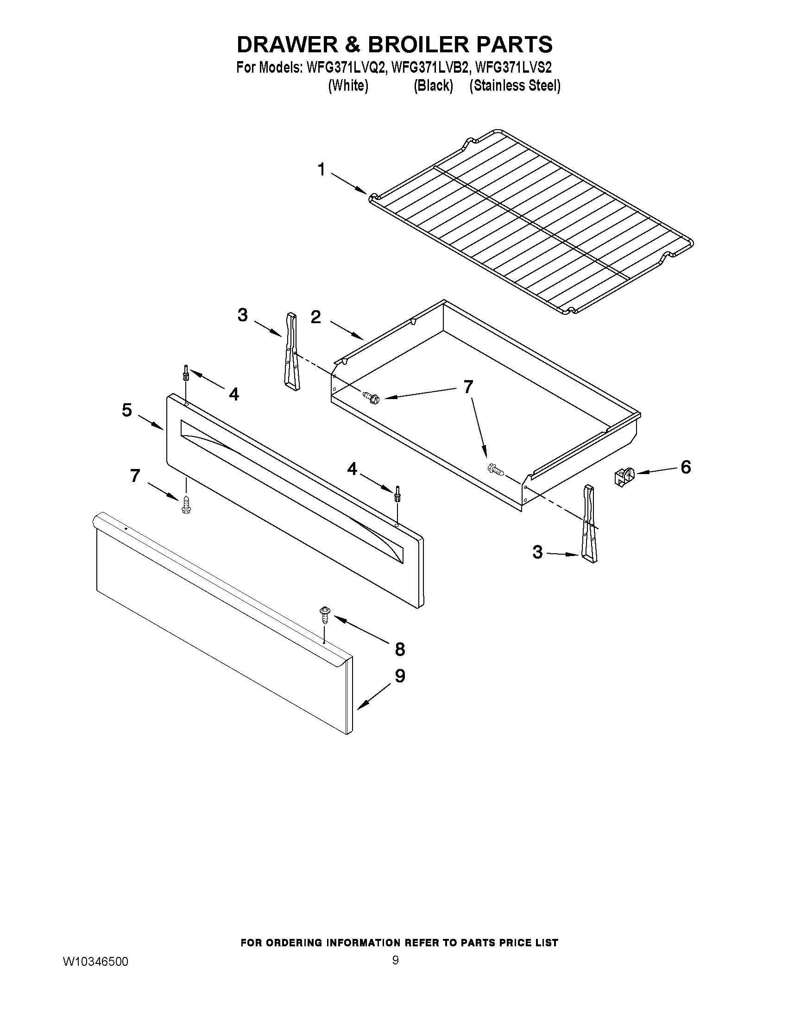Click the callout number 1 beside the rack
tap(321, 170)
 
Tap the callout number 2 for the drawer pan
tap(316, 317)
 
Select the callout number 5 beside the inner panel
tap(127, 410)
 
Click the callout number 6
tap(685, 467)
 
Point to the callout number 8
tap(400, 649)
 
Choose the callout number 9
tap(400, 676)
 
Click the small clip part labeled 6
tap(624, 477)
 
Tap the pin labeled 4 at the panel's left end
tap(186, 373)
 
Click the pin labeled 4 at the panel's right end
tap(397, 494)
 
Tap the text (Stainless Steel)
tap(514, 86)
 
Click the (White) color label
tap(348, 86)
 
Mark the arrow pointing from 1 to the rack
tap(349, 183)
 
